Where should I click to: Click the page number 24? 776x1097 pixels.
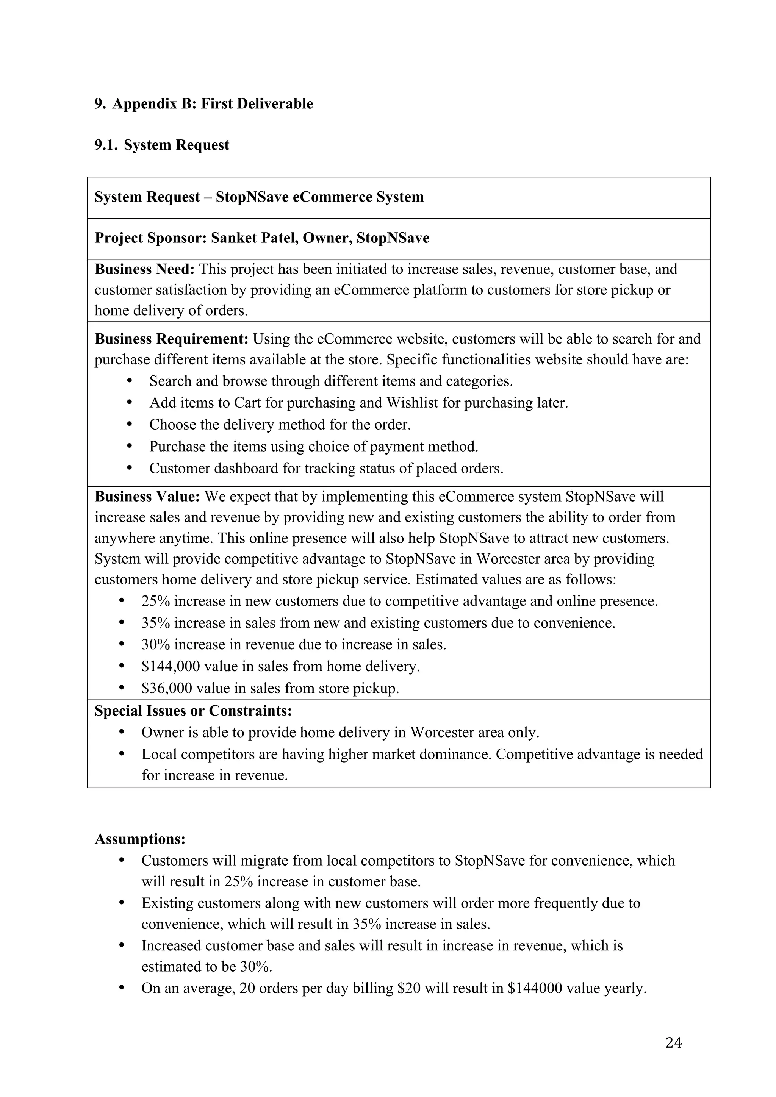tap(673, 1042)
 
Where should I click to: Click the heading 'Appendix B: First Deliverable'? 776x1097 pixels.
tap(213, 104)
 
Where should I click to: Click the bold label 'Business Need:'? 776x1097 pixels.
tap(144, 269)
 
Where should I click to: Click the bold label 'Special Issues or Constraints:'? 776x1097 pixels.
tap(193, 711)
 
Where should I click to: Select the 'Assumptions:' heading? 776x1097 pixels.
tap(140, 839)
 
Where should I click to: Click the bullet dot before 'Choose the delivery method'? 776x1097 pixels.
tap(130, 424)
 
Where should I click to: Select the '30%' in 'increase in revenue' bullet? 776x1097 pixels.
tap(155, 645)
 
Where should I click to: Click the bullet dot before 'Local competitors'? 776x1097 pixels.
tap(121, 753)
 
